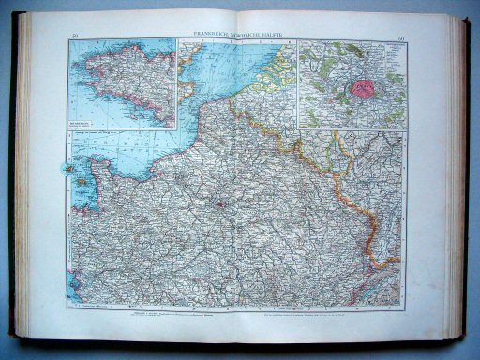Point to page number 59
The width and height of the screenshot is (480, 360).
click(x=74, y=37)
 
